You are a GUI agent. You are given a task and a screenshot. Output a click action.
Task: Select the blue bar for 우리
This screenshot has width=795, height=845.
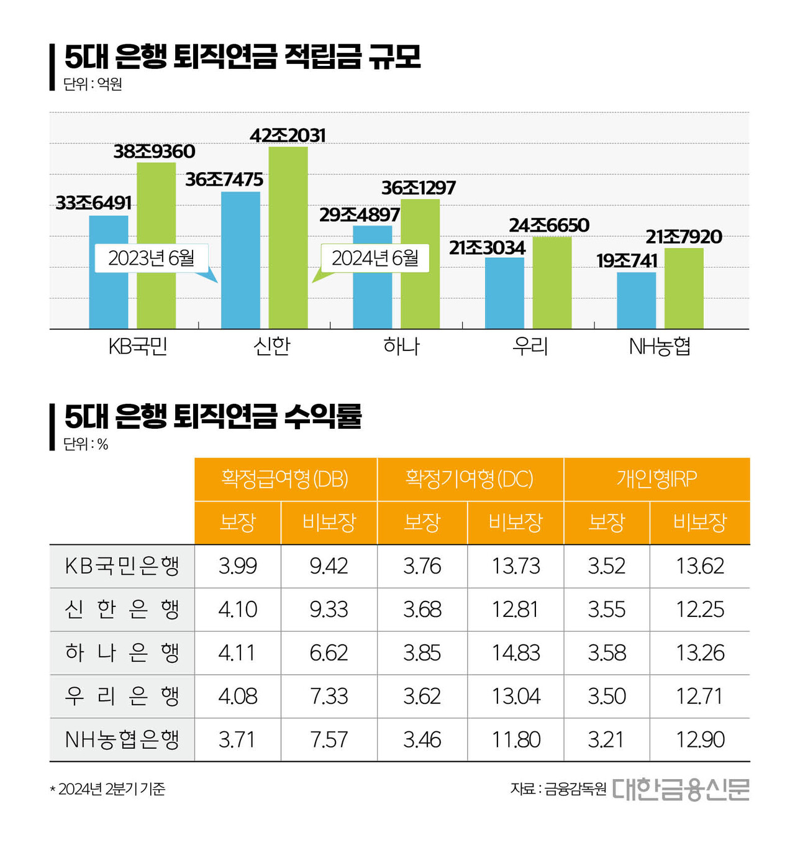point(504,293)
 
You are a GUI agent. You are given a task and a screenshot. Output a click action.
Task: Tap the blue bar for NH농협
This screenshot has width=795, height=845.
point(636,300)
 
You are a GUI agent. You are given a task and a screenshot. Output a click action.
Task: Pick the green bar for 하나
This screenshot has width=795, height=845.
point(420,263)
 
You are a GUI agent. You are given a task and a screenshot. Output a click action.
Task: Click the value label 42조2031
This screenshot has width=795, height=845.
point(288,135)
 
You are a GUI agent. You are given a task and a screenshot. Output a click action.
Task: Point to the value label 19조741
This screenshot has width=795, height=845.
point(627,261)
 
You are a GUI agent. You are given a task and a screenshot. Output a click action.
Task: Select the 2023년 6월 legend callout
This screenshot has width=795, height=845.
point(152,258)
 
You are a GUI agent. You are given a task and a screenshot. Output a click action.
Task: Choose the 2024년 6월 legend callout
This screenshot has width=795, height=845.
point(375,258)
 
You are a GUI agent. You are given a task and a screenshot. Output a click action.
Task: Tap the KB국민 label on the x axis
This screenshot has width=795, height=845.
point(138,346)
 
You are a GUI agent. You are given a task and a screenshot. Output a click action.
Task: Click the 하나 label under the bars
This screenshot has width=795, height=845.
point(401,346)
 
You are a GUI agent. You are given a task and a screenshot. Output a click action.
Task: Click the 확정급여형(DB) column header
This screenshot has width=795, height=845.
point(285,479)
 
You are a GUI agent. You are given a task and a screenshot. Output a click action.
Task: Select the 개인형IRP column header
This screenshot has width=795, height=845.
point(656,479)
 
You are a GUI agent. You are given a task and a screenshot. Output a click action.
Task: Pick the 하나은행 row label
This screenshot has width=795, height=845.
point(122,653)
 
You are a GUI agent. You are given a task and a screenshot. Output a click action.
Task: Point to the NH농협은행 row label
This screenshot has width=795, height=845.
point(122,740)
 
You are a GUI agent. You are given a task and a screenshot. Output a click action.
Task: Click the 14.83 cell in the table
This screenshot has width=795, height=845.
point(516,653)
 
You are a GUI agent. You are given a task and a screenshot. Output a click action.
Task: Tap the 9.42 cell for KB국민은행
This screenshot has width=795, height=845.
point(329,566)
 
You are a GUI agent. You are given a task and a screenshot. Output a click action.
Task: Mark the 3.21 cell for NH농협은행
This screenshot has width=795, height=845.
point(606,740)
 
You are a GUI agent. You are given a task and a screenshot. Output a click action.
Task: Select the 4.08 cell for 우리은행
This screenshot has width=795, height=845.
point(237,697)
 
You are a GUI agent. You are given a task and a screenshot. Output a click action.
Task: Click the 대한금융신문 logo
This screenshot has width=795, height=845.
point(681,789)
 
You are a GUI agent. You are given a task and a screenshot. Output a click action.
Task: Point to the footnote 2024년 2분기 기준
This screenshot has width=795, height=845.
point(108,789)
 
